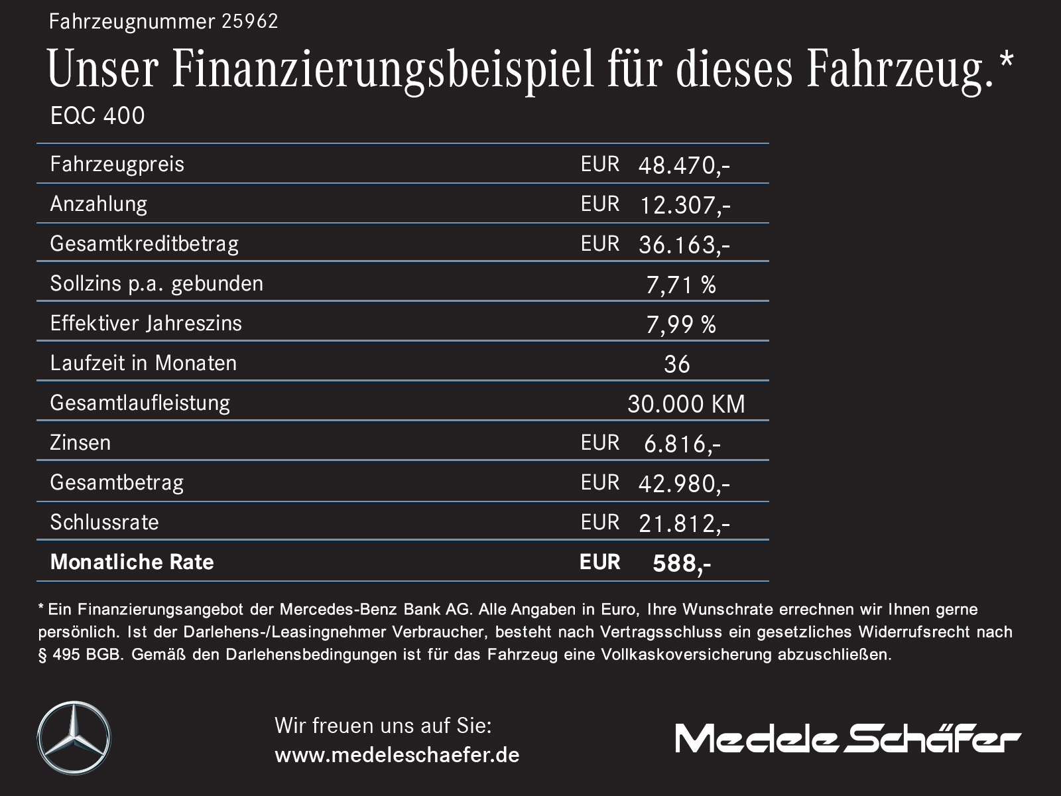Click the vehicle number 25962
(249, 22)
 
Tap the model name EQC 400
(97, 116)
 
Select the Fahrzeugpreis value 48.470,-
(684, 165)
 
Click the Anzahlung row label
(99, 204)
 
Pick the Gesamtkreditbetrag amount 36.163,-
(684, 245)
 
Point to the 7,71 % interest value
(680, 285)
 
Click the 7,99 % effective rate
(680, 324)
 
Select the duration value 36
(676, 364)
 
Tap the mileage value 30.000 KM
(686, 404)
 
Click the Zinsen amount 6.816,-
(682, 444)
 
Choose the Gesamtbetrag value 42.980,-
(684, 484)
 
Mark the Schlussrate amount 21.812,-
(684, 523)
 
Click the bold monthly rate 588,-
(681, 563)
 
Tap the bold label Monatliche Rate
(132, 562)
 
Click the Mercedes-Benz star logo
(74, 738)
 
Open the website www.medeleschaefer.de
(397, 755)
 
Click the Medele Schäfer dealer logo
(847, 738)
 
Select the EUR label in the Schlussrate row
(599, 522)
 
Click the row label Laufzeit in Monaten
(143, 363)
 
